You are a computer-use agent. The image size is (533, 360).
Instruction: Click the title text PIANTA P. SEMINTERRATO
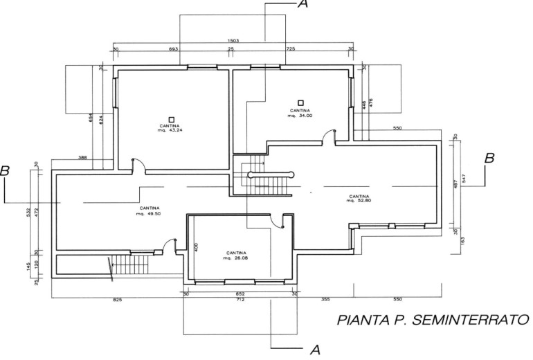433,321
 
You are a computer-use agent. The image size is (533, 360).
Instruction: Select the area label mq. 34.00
300,116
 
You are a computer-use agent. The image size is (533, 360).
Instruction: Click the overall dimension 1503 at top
233,42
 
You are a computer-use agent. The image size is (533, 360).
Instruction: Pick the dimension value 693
173,50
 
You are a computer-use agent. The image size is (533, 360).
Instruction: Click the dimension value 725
291,50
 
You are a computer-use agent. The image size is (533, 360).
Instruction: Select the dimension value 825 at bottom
118,300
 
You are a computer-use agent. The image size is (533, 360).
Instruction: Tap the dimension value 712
240,300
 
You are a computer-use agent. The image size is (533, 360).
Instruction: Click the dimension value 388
83,158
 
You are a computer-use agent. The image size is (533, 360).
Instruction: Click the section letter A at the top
302,5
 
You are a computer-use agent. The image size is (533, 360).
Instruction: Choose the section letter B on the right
489,159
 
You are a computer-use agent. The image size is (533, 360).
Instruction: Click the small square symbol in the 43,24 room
172,118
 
